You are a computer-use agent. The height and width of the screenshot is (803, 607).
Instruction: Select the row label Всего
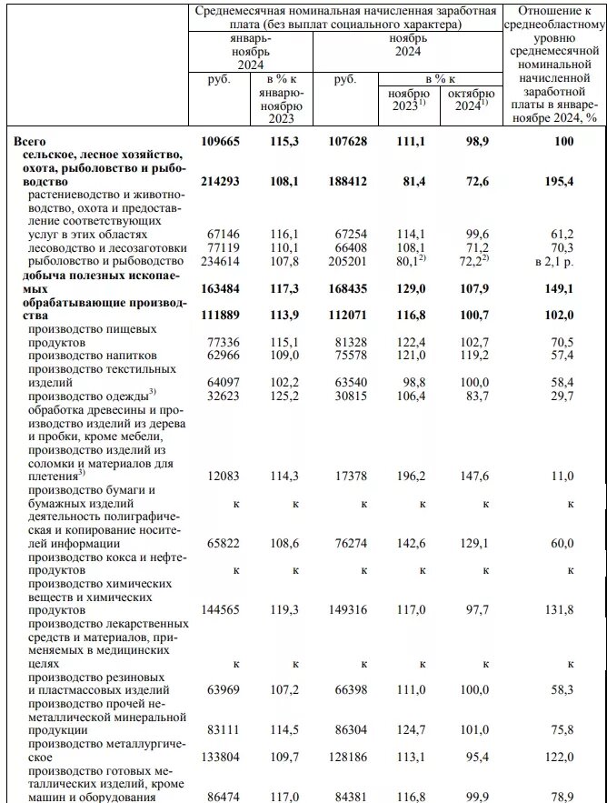[32, 142]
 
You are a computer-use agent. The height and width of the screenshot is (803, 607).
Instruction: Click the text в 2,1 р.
[554, 262]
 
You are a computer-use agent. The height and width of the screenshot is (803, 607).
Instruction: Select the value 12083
[222, 475]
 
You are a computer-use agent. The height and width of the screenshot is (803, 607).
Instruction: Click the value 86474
[222, 796]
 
